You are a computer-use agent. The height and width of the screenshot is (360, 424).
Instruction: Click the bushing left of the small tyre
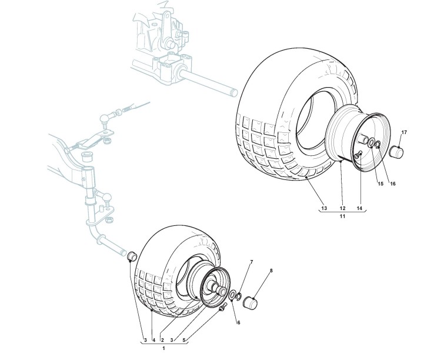[132, 256]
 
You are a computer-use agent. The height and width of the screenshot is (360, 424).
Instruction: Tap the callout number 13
[323, 208]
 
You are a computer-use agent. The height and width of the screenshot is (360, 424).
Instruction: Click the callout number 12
[342, 208]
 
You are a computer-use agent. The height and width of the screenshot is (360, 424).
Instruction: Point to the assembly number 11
[342, 217]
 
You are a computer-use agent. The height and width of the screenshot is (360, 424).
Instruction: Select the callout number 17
[404, 132]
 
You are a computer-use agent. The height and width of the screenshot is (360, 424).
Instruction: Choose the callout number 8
[271, 271]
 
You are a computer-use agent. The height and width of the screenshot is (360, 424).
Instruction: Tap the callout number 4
[153, 341]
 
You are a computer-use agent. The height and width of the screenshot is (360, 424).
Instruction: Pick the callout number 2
[162, 341]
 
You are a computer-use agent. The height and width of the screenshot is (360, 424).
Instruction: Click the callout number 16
[392, 183]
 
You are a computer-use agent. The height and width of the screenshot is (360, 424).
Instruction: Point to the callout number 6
[239, 322]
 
